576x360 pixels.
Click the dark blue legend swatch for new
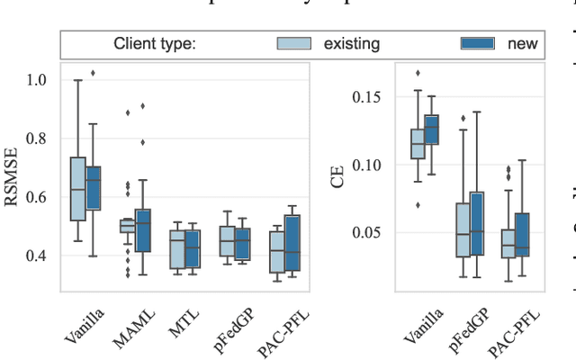[x=478, y=43]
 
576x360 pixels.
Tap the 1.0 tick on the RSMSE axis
[x=38, y=80]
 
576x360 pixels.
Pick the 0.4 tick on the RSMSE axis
[x=38, y=256]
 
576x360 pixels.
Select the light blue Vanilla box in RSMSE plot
[x=77, y=188]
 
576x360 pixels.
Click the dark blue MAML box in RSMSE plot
[x=142, y=229]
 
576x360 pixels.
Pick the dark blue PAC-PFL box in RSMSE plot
[x=292, y=242]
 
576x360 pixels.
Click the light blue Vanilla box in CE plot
[x=417, y=145]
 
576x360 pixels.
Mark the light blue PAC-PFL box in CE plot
[x=508, y=245]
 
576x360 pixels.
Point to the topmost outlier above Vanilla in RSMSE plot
[x=92, y=73]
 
